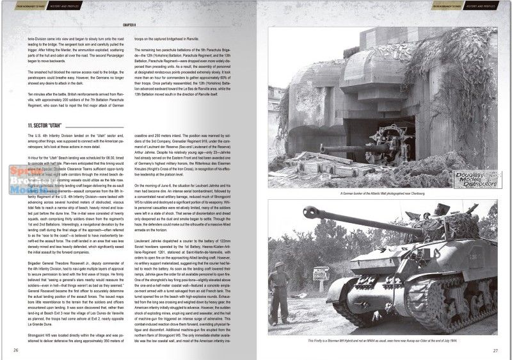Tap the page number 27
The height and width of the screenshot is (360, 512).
click(495, 350)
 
